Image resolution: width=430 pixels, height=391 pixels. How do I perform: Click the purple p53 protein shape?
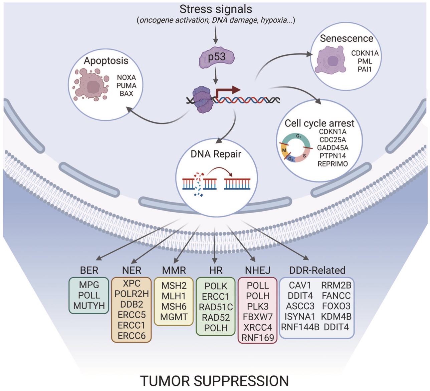(217, 57)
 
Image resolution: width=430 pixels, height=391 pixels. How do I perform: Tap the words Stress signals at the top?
(216, 9)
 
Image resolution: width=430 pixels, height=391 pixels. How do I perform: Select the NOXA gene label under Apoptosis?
(126, 77)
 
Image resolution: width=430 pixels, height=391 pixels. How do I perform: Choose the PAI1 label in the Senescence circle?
(365, 69)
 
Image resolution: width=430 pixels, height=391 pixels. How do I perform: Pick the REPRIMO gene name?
(333, 164)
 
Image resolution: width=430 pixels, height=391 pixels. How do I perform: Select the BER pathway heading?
(89, 270)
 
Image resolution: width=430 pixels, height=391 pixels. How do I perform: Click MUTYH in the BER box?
(89, 306)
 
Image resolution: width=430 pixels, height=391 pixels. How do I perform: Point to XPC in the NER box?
(132, 284)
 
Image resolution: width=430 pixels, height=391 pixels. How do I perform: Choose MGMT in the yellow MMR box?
(174, 317)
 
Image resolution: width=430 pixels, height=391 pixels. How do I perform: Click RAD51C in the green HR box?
(216, 307)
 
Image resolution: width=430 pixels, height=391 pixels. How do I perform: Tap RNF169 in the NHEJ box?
(258, 338)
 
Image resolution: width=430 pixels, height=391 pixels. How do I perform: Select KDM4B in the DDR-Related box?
(336, 317)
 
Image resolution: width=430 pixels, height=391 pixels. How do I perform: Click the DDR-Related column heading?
(317, 270)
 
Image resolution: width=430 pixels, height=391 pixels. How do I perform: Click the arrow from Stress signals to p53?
(216, 36)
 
